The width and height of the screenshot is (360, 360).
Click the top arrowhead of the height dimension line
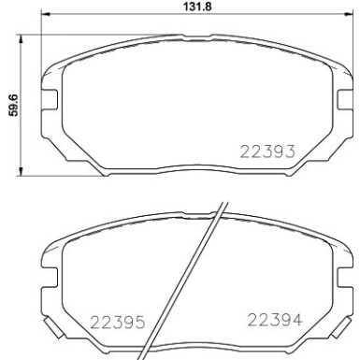[22, 36]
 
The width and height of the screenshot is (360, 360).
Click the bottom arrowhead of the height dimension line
[22, 175]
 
